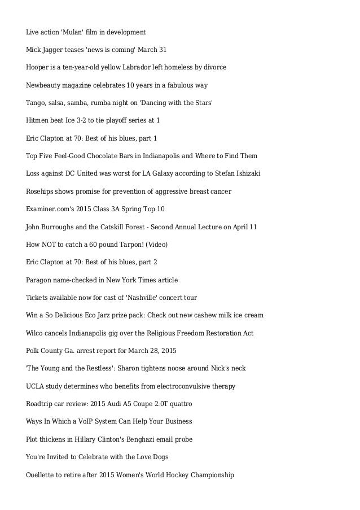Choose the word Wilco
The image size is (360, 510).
pos(36,333)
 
